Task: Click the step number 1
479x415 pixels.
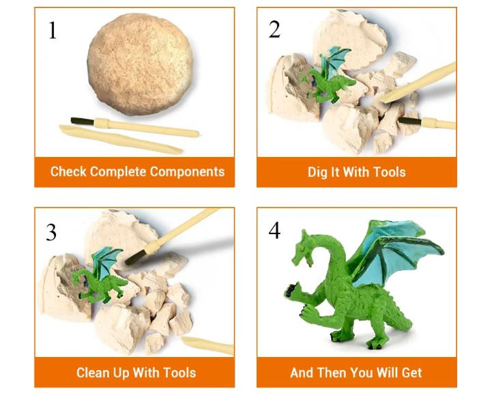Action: point(53,30)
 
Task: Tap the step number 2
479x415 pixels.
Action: point(274,29)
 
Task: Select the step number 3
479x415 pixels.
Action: point(52,232)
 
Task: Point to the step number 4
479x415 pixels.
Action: point(274,231)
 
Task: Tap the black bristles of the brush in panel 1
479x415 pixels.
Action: point(81,120)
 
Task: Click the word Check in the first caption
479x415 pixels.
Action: point(68,171)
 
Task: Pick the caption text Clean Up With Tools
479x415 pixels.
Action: point(136,373)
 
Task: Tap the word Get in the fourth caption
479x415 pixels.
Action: point(411,373)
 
